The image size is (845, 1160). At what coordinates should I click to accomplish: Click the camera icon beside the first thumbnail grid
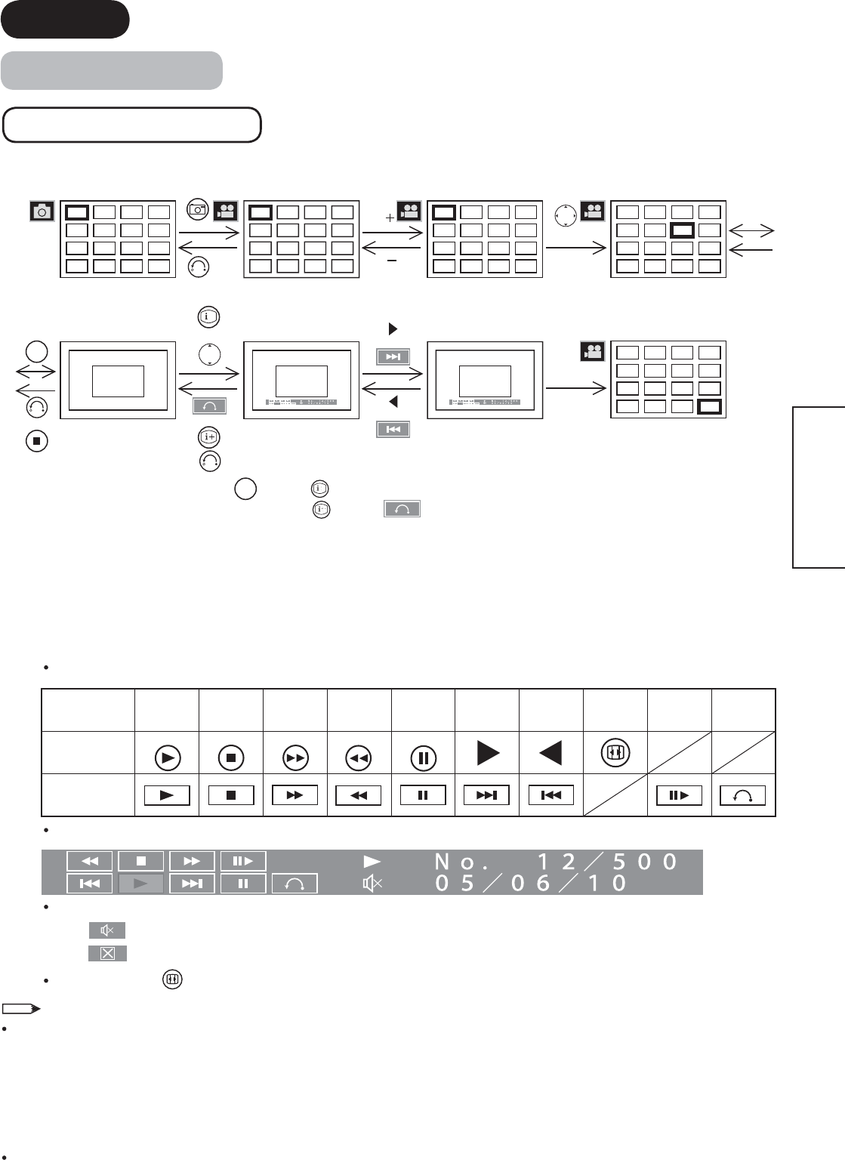(42, 211)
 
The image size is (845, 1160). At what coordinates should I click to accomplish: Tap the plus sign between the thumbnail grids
(390, 217)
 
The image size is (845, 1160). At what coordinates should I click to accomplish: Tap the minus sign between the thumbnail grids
(391, 261)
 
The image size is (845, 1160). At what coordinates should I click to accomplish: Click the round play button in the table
(167, 753)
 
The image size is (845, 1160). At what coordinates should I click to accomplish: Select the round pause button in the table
(423, 753)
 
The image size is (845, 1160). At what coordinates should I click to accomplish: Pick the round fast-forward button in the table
(295, 753)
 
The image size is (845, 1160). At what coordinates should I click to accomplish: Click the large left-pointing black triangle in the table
(551, 752)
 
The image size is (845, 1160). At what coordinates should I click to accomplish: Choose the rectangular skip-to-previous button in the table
(551, 795)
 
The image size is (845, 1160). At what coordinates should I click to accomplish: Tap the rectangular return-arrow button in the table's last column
(743, 795)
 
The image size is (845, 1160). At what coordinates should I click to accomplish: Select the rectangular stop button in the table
(231, 795)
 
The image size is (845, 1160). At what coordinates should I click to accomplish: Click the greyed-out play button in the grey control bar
(141, 883)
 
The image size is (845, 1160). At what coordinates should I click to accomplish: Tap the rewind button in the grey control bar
(90, 861)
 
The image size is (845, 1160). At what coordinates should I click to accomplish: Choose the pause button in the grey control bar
(243, 883)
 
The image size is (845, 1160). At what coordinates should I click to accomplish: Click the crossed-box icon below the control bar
(107, 953)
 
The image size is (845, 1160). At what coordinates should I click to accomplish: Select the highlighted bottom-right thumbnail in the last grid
(710, 407)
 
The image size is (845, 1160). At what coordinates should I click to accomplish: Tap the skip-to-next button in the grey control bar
(192, 883)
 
